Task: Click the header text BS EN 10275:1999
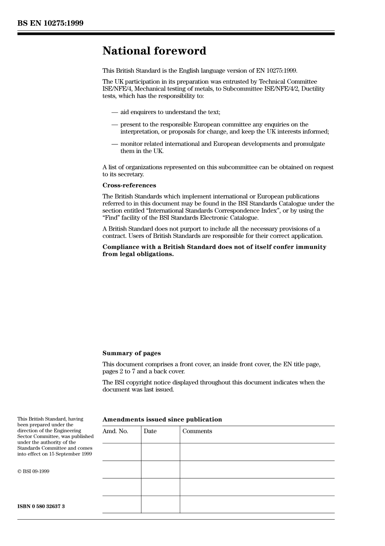50,23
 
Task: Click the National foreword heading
154,51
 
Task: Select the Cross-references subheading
129,186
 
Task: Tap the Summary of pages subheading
131,353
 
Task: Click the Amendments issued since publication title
162,419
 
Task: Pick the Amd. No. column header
115,431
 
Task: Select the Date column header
150,431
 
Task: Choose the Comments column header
197,431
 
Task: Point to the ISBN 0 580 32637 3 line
41,506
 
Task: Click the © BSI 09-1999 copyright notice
33,471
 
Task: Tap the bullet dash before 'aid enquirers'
115,112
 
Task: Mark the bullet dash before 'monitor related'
115,144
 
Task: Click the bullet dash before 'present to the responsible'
115,125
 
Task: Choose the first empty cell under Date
160,452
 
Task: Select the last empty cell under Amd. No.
122,504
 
